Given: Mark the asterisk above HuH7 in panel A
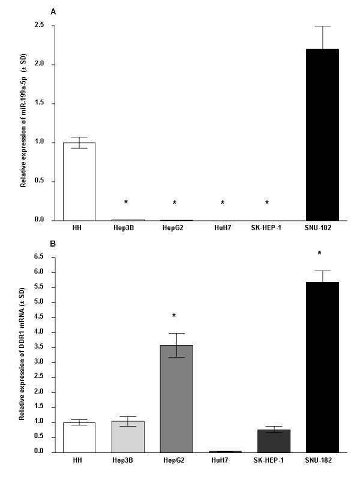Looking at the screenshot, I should point(223,203).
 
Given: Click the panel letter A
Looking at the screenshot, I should point(54,11).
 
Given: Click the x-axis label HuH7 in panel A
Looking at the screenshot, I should point(223,228).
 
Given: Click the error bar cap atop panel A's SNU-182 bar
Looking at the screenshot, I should point(322,26).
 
